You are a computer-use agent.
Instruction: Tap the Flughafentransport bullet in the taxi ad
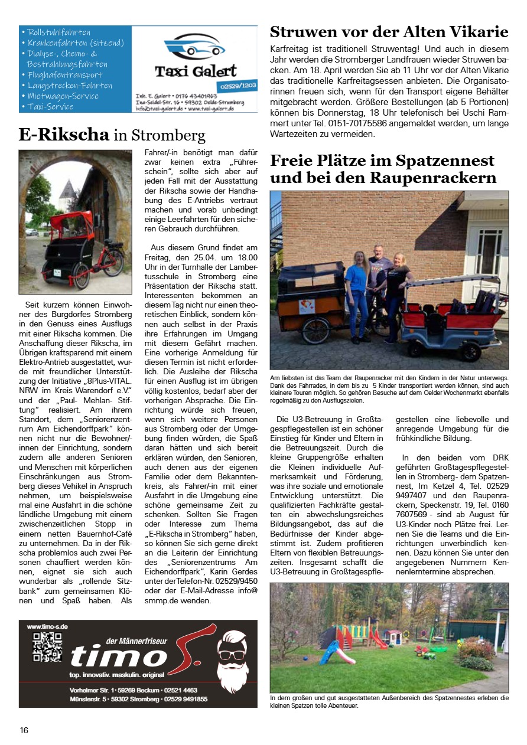[65, 75]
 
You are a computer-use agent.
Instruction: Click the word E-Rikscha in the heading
[64, 135]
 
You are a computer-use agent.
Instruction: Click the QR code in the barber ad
[47, 646]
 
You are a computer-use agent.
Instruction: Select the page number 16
[24, 730]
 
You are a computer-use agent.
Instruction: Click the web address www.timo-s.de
[47, 626]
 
